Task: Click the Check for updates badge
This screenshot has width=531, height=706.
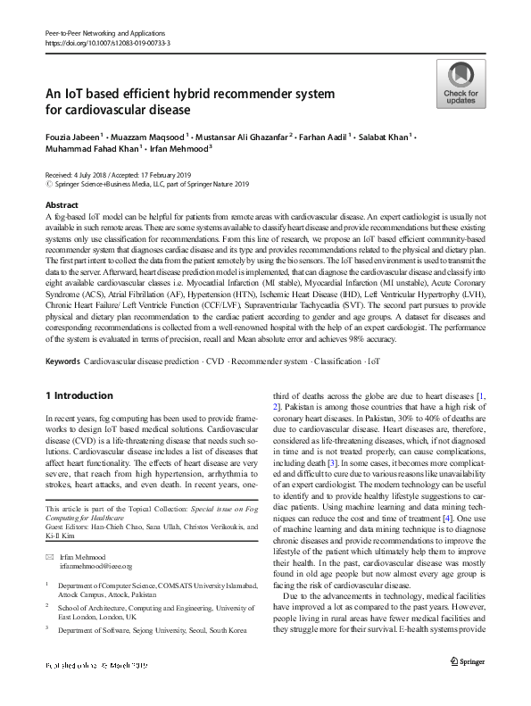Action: pyautogui.click(x=460, y=84)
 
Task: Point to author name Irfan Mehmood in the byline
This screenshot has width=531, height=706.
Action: pyautogui.click(x=180, y=150)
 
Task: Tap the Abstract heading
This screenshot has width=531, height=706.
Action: pyautogui.click(x=62, y=204)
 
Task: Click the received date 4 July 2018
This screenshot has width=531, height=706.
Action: pyautogui.click(x=91, y=176)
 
